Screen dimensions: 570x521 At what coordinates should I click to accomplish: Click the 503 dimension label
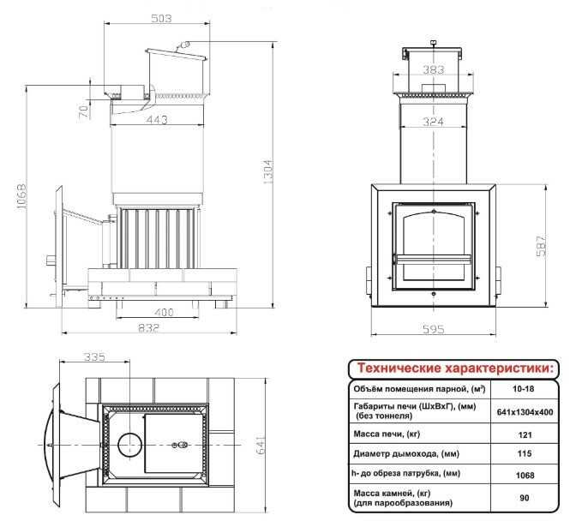pos(161,18)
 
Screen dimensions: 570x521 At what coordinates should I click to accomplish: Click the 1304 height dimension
pos(267,172)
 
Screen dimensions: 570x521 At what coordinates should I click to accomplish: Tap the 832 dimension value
pos(148,327)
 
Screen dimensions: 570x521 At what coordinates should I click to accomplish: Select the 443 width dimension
pos(157,119)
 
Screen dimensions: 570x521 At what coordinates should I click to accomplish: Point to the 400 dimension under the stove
pos(164,312)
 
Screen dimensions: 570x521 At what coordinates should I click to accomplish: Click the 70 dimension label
pos(84,111)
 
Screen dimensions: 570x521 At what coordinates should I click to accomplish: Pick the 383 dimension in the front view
pos(434,69)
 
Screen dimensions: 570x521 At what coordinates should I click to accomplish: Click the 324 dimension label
pos(434,122)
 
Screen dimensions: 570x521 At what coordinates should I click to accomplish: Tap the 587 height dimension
pos(541,246)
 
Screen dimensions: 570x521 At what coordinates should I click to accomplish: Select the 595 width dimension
pos(434,329)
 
